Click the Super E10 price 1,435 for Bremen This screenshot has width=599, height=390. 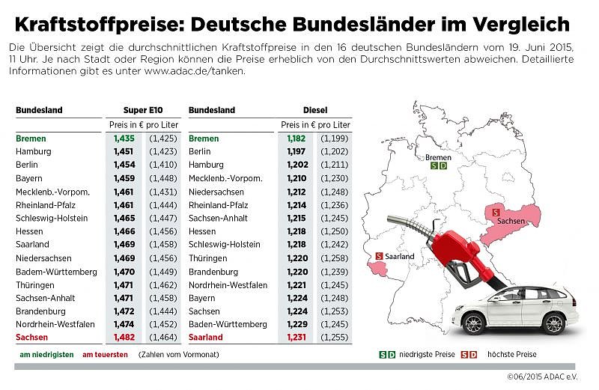pyautogui.click(x=124, y=138)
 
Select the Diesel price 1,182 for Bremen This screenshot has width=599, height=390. pyautogui.click(x=297, y=138)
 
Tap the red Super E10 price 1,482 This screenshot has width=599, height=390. pyautogui.click(x=124, y=338)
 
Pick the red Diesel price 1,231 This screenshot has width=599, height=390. pyautogui.click(x=297, y=338)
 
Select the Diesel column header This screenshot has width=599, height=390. pyautogui.click(x=315, y=110)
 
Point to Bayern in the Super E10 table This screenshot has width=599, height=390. pyautogui.click(x=30, y=178)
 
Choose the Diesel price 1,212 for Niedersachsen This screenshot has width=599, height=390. pyautogui.click(x=297, y=192)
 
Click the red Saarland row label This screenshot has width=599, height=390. pyautogui.click(x=206, y=338)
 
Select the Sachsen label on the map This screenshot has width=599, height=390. pyautogui.click(x=511, y=223)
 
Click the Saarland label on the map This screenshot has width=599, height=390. pyautogui.click(x=400, y=256)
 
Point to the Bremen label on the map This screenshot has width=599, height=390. pyautogui.click(x=438, y=157)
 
